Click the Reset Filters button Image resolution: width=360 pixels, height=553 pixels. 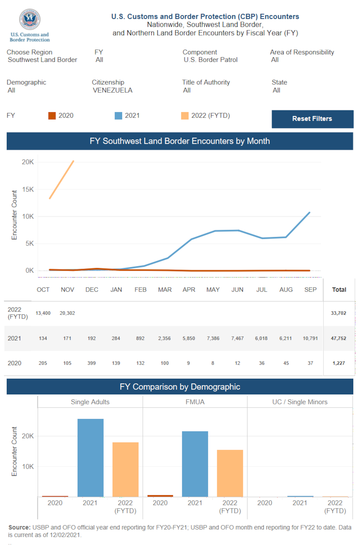point(312,119)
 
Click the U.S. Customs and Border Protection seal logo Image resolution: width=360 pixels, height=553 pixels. point(30,19)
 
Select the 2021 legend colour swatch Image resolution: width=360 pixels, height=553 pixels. point(118,115)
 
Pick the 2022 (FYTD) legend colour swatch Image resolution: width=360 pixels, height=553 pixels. point(185,115)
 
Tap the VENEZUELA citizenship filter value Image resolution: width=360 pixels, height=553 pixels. point(112,90)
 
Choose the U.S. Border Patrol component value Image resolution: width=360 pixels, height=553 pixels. point(211,60)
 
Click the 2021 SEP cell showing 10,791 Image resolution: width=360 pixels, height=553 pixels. point(310,338)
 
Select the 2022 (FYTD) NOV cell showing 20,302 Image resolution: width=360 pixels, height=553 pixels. point(67,313)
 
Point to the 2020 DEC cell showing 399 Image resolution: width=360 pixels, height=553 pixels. point(91,363)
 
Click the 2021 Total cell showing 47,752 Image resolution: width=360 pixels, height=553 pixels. point(338,338)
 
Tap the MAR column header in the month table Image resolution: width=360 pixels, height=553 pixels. point(165,290)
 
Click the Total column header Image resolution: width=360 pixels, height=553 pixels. point(339,290)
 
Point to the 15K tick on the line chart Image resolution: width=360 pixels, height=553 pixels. point(28,189)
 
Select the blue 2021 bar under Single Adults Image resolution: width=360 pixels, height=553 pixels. point(90,457)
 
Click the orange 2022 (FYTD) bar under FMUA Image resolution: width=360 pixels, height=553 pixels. point(230,473)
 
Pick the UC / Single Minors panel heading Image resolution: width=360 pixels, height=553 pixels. point(300,402)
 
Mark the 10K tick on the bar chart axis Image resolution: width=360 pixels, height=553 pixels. point(28,466)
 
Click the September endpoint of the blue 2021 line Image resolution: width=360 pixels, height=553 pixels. point(310,213)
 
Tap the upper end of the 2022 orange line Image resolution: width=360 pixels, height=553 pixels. point(73,161)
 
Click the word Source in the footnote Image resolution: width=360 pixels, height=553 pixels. point(19,527)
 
